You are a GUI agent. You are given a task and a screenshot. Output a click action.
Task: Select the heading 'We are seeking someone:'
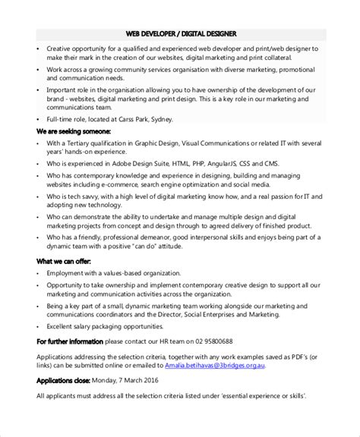pos(74,130)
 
